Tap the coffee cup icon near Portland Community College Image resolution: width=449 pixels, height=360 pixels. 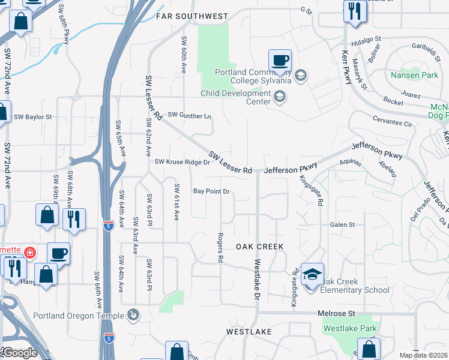pyautogui.click(x=280, y=61)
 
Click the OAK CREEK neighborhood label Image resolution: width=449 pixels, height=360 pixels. pyautogui.click(x=259, y=247)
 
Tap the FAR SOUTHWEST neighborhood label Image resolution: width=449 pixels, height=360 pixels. pyautogui.click(x=192, y=16)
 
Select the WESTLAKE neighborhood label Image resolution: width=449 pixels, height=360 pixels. pyautogui.click(x=249, y=331)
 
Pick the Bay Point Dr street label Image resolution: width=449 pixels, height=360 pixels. pyautogui.click(x=211, y=191)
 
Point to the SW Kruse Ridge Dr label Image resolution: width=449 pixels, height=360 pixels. pyautogui.click(x=182, y=162)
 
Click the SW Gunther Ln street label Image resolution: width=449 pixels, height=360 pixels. pyautogui.click(x=190, y=115)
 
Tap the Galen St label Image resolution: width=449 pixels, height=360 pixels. pyautogui.click(x=343, y=224)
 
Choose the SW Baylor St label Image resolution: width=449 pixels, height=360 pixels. pyautogui.click(x=33, y=116)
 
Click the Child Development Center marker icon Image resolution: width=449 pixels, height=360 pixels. pyautogui.click(x=279, y=96)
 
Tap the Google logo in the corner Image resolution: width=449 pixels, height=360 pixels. pyautogui.click(x=19, y=353)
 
